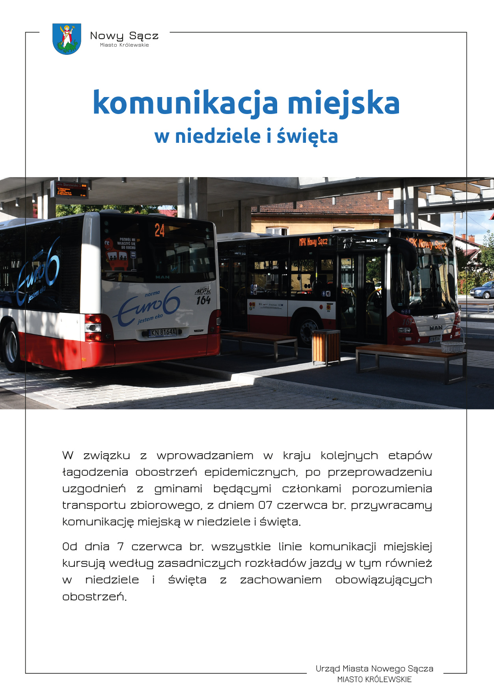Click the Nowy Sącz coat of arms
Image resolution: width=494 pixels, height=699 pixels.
click(x=67, y=39)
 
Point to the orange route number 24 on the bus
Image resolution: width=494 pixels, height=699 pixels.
click(x=160, y=230)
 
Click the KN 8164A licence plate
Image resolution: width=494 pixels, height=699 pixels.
click(x=162, y=333)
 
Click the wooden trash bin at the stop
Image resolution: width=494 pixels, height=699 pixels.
click(x=326, y=347)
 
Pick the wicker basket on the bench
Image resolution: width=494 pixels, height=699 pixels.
click(x=453, y=346)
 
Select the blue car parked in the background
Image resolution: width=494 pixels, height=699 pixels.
click(x=482, y=291)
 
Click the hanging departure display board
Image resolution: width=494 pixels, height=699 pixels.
click(x=72, y=190)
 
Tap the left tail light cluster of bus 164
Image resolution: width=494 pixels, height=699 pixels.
click(x=93, y=328)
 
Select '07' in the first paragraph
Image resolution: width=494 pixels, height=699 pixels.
click(x=265, y=505)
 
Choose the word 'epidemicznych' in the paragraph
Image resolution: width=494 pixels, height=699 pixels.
click(x=251, y=472)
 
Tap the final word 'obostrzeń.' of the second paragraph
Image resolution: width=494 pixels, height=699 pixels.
click(x=95, y=596)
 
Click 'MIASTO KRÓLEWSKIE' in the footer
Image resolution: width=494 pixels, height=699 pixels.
click(x=374, y=680)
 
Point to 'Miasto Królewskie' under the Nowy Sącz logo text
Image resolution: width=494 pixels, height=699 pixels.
click(x=124, y=45)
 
